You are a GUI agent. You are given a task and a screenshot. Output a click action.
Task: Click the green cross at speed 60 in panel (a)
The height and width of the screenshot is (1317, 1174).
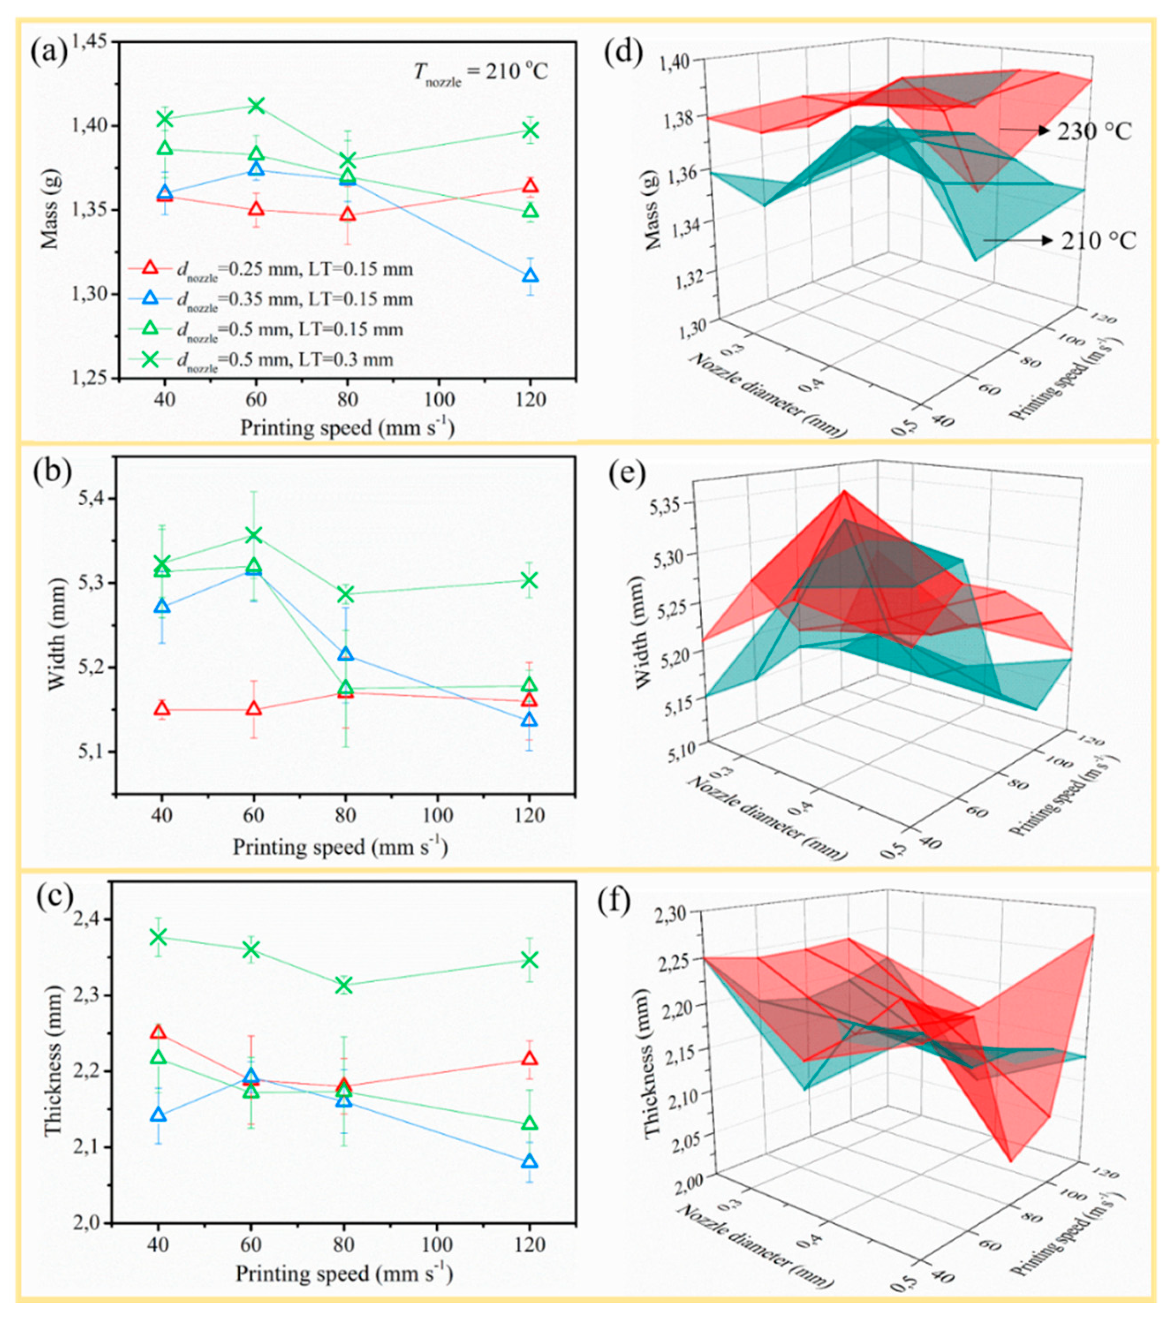(x=256, y=105)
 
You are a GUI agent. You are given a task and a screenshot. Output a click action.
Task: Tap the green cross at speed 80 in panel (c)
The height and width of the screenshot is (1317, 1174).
(x=344, y=985)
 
